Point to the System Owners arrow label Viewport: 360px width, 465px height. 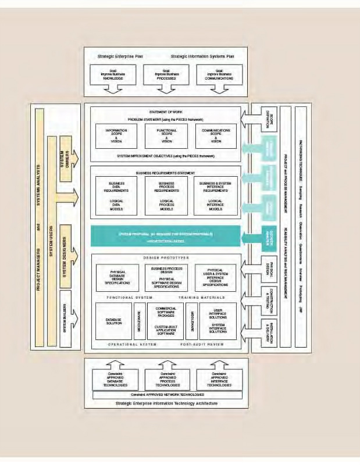65,158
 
